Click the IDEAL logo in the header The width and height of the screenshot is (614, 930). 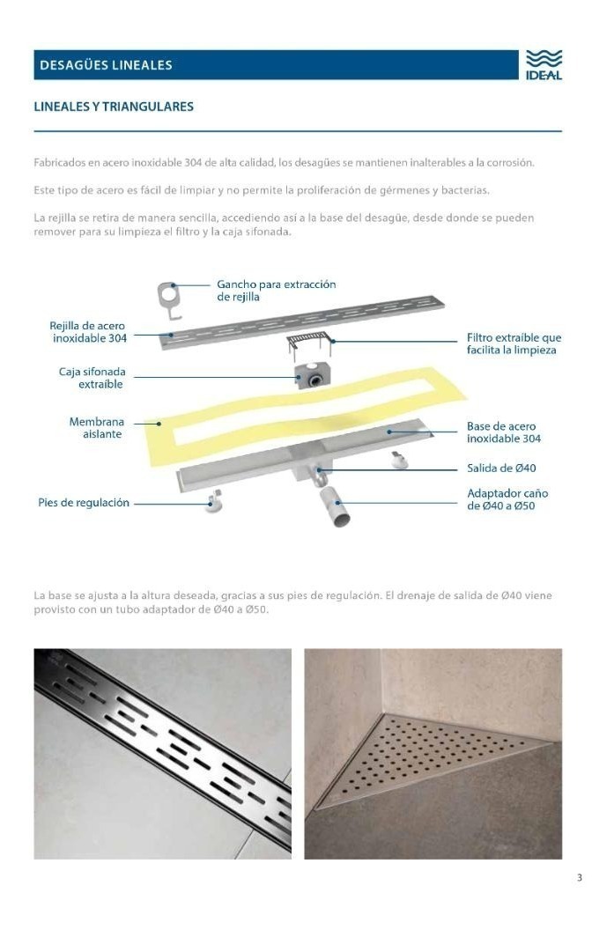coord(544,64)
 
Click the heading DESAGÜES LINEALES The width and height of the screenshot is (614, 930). coord(104,65)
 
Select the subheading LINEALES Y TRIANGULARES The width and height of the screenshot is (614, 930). coord(114,107)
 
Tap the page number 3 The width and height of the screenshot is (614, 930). coord(580,877)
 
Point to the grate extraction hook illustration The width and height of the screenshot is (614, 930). coord(171,298)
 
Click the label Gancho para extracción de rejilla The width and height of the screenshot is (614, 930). coord(276,291)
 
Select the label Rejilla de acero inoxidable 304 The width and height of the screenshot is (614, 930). coord(88,332)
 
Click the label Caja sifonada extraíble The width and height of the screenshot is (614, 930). coord(91,378)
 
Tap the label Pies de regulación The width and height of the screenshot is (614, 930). coord(84,503)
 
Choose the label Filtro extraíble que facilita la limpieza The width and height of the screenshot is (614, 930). coord(514,343)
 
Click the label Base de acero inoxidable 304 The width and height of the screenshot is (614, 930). coord(504,432)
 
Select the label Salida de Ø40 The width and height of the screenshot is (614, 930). coord(501,469)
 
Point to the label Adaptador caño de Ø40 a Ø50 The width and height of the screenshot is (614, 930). coord(507,499)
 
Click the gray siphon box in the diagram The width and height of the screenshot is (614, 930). coord(312,375)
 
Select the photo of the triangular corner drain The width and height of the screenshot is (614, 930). coord(433,754)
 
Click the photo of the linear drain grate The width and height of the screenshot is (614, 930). coord(162,754)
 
